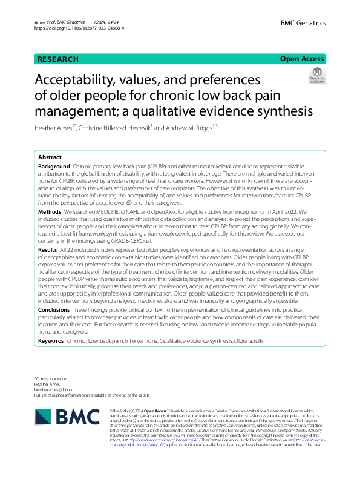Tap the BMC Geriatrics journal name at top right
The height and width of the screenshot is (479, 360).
(x=303, y=22)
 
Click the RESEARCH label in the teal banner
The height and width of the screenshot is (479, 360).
(x=58, y=59)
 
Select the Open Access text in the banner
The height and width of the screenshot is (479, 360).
(x=303, y=59)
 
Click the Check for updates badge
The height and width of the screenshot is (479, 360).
(x=316, y=76)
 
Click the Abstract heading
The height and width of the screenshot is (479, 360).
(x=50, y=156)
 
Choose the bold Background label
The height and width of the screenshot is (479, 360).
(x=54, y=166)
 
